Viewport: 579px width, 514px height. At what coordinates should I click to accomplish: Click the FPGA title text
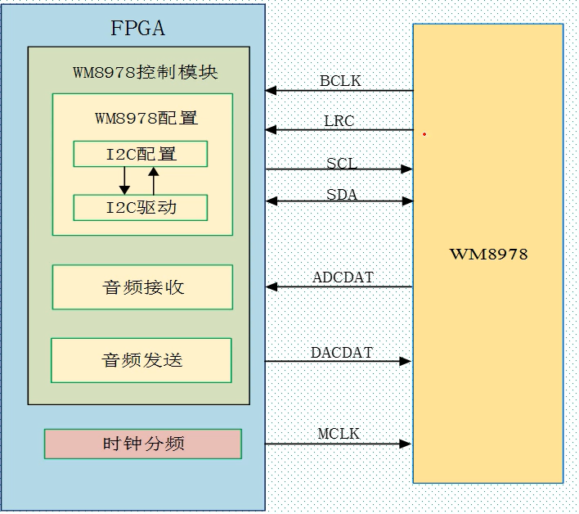click(x=137, y=29)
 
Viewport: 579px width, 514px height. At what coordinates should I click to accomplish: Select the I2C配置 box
click(x=140, y=154)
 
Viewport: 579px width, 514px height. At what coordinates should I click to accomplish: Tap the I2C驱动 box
click(x=140, y=208)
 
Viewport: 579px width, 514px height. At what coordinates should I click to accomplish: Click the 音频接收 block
click(x=142, y=287)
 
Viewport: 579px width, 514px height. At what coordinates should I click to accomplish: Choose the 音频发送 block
click(x=141, y=360)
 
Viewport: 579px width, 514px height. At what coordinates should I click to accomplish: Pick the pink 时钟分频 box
click(x=143, y=444)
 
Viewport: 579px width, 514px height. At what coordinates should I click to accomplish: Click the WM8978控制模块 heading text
click(x=145, y=72)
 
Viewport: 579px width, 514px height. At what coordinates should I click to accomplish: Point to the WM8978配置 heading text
click(x=146, y=118)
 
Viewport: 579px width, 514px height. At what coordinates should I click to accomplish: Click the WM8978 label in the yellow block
click(x=488, y=254)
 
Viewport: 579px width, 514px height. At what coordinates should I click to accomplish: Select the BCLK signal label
click(x=340, y=81)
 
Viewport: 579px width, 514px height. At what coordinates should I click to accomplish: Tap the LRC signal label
click(x=339, y=121)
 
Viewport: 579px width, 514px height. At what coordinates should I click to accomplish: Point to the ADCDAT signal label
click(x=343, y=277)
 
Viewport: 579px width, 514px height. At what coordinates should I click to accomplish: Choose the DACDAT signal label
click(x=342, y=353)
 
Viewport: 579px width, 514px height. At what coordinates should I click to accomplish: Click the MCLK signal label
click(x=339, y=434)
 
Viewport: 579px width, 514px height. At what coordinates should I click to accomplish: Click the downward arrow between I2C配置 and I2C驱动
click(x=125, y=181)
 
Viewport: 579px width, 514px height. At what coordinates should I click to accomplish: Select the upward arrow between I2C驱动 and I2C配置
click(x=153, y=181)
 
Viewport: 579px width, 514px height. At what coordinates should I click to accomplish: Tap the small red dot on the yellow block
click(x=424, y=134)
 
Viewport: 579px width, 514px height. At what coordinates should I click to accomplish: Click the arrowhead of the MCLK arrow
click(x=406, y=444)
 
